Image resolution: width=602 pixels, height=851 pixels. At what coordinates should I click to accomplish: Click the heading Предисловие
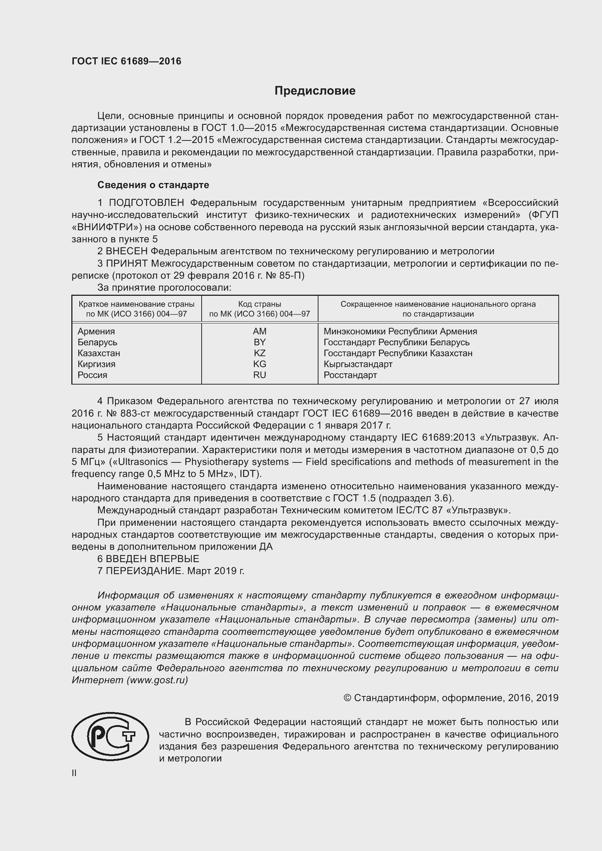(315, 91)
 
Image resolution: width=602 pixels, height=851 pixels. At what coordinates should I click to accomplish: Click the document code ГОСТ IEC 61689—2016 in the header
(126, 61)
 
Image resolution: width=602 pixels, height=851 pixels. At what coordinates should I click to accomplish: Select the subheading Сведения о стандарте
(153, 184)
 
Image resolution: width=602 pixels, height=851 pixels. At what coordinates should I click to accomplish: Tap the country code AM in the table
(260, 331)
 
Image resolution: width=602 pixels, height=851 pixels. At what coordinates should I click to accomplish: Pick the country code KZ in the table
(260, 353)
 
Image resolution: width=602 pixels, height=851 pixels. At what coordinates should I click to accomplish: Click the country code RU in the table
(260, 375)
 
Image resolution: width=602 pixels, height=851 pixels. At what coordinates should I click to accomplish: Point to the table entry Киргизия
(96, 364)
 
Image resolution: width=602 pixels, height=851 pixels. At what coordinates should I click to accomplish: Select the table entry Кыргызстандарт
(358, 364)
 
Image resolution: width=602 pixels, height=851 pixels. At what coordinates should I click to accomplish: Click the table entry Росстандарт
(350, 375)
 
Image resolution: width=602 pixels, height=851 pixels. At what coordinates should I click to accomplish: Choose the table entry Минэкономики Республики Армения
(400, 331)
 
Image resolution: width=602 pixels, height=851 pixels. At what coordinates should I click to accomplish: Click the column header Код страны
(260, 304)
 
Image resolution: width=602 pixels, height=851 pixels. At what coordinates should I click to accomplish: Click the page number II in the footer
(74, 773)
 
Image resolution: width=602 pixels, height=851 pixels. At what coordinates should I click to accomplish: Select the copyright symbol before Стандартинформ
(347, 698)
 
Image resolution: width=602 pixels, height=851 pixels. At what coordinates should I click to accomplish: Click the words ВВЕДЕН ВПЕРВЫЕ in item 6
(153, 558)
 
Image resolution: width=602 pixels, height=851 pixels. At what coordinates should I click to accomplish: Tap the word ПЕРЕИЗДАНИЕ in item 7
(144, 571)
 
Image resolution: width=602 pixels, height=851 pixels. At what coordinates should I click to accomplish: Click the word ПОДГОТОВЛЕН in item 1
(146, 203)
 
